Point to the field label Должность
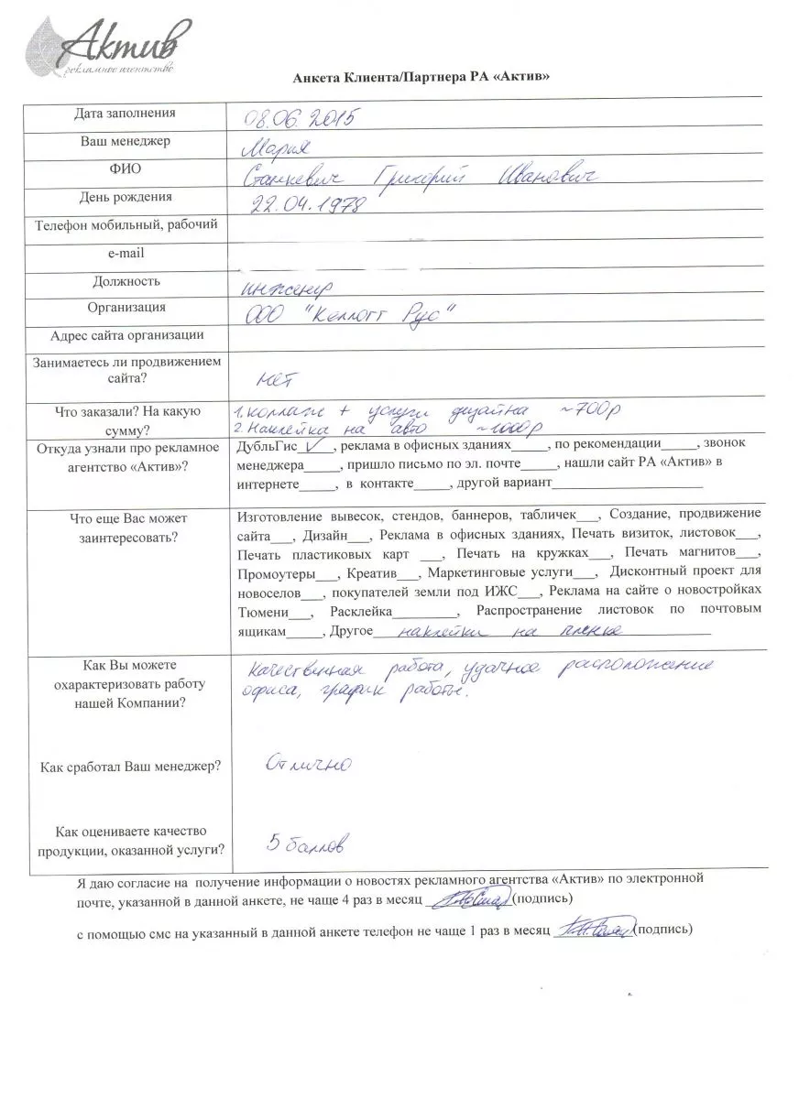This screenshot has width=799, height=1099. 126,281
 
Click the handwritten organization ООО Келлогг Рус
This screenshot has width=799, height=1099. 351,314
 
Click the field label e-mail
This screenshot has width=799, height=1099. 126,253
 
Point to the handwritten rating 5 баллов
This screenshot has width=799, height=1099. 304,842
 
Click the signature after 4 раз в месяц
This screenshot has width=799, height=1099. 471,901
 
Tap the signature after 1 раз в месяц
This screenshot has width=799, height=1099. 592,930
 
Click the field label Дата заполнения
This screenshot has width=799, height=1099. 126,114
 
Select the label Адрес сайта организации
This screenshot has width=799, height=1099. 126,335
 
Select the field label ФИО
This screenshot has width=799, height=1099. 126,169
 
